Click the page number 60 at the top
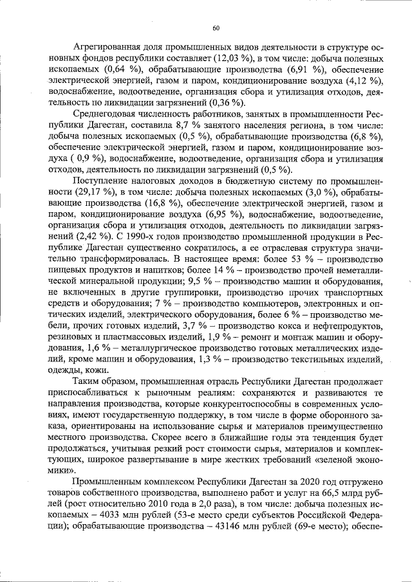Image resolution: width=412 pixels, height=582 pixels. (216, 27)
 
